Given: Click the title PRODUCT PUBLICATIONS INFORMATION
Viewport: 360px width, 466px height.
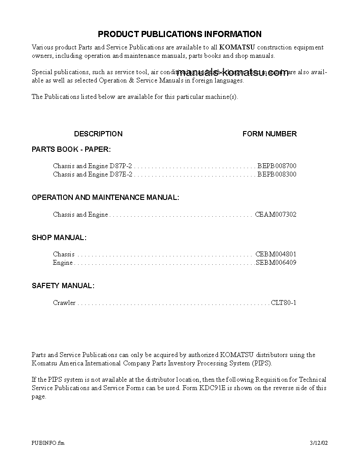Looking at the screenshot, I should click(180, 34).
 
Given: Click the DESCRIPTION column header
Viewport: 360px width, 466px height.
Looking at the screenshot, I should click(98, 134).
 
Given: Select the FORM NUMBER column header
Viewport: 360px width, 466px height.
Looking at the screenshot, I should click(270, 134).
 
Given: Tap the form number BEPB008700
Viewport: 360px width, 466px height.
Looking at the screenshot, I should click(277, 166).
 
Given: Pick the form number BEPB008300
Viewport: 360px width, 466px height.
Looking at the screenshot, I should click(277, 174).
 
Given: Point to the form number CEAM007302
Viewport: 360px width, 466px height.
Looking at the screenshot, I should click(276, 214).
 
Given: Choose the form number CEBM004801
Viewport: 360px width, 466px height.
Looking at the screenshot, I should click(276, 254).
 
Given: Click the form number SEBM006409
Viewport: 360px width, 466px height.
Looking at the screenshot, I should click(276, 263).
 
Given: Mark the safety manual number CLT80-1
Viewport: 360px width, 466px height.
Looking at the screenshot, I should click(283, 303).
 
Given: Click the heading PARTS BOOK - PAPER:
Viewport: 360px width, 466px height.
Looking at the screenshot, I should click(71, 149).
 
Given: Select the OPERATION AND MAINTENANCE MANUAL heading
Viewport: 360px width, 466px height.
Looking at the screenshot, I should click(105, 197).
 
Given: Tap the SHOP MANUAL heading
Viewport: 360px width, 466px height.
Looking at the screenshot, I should click(59, 237).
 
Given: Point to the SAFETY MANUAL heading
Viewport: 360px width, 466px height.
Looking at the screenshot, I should click(63, 286).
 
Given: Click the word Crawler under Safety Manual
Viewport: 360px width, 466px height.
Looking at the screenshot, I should click(64, 303).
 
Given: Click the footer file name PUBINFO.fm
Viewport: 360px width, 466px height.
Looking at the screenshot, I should click(48, 443).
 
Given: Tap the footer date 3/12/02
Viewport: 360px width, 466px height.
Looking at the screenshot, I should click(319, 443).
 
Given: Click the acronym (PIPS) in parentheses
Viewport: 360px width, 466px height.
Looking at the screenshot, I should click(262, 363).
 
